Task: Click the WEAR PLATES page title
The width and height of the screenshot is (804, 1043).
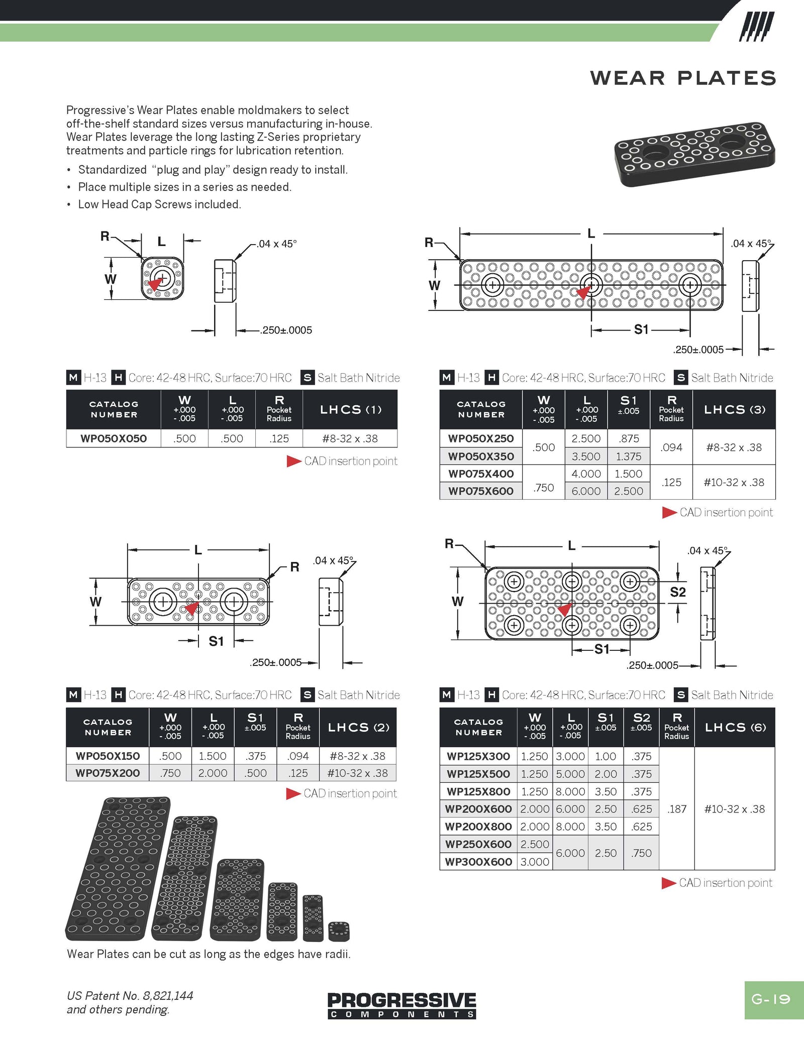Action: point(683,78)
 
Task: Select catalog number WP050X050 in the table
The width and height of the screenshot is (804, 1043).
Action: point(114,438)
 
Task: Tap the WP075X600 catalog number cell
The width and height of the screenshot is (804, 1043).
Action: point(481,491)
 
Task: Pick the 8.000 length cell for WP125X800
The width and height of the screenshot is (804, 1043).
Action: point(570,791)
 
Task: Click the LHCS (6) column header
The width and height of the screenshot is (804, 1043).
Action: point(735,727)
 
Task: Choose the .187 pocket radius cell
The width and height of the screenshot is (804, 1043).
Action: point(676,809)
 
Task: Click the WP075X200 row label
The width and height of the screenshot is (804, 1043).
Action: point(108,773)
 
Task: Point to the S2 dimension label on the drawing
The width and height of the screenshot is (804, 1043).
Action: point(677,592)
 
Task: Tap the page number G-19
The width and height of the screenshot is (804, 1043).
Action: point(771,999)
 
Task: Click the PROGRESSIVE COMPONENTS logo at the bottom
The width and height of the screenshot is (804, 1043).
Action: point(401,1005)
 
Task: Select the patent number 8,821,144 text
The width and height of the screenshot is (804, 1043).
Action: point(168,995)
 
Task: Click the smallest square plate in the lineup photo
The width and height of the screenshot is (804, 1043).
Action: point(339,931)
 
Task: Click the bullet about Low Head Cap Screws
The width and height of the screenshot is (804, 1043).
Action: point(159,204)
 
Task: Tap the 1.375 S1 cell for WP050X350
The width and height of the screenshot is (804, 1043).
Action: point(628,456)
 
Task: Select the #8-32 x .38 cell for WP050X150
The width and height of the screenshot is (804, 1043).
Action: point(357,756)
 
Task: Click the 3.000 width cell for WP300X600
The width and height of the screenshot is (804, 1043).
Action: point(535,862)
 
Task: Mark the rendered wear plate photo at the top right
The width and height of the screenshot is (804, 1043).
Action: point(694,154)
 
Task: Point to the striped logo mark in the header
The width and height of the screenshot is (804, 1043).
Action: point(756,27)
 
